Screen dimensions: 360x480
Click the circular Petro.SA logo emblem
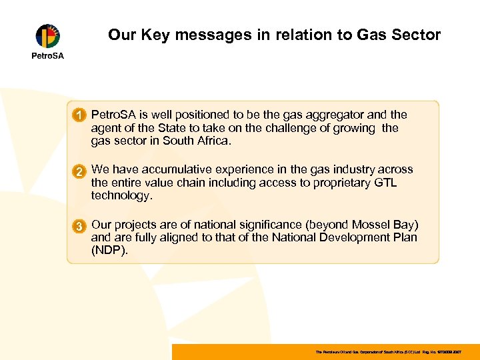coord(47,36)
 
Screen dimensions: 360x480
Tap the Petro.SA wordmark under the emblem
coord(48,55)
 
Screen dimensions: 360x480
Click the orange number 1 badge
coord(79,116)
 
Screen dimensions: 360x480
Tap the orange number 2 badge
coord(79,171)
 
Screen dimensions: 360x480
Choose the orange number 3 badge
coord(79,226)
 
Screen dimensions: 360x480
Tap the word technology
coord(122,196)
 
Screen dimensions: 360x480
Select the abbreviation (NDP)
coord(109,251)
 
